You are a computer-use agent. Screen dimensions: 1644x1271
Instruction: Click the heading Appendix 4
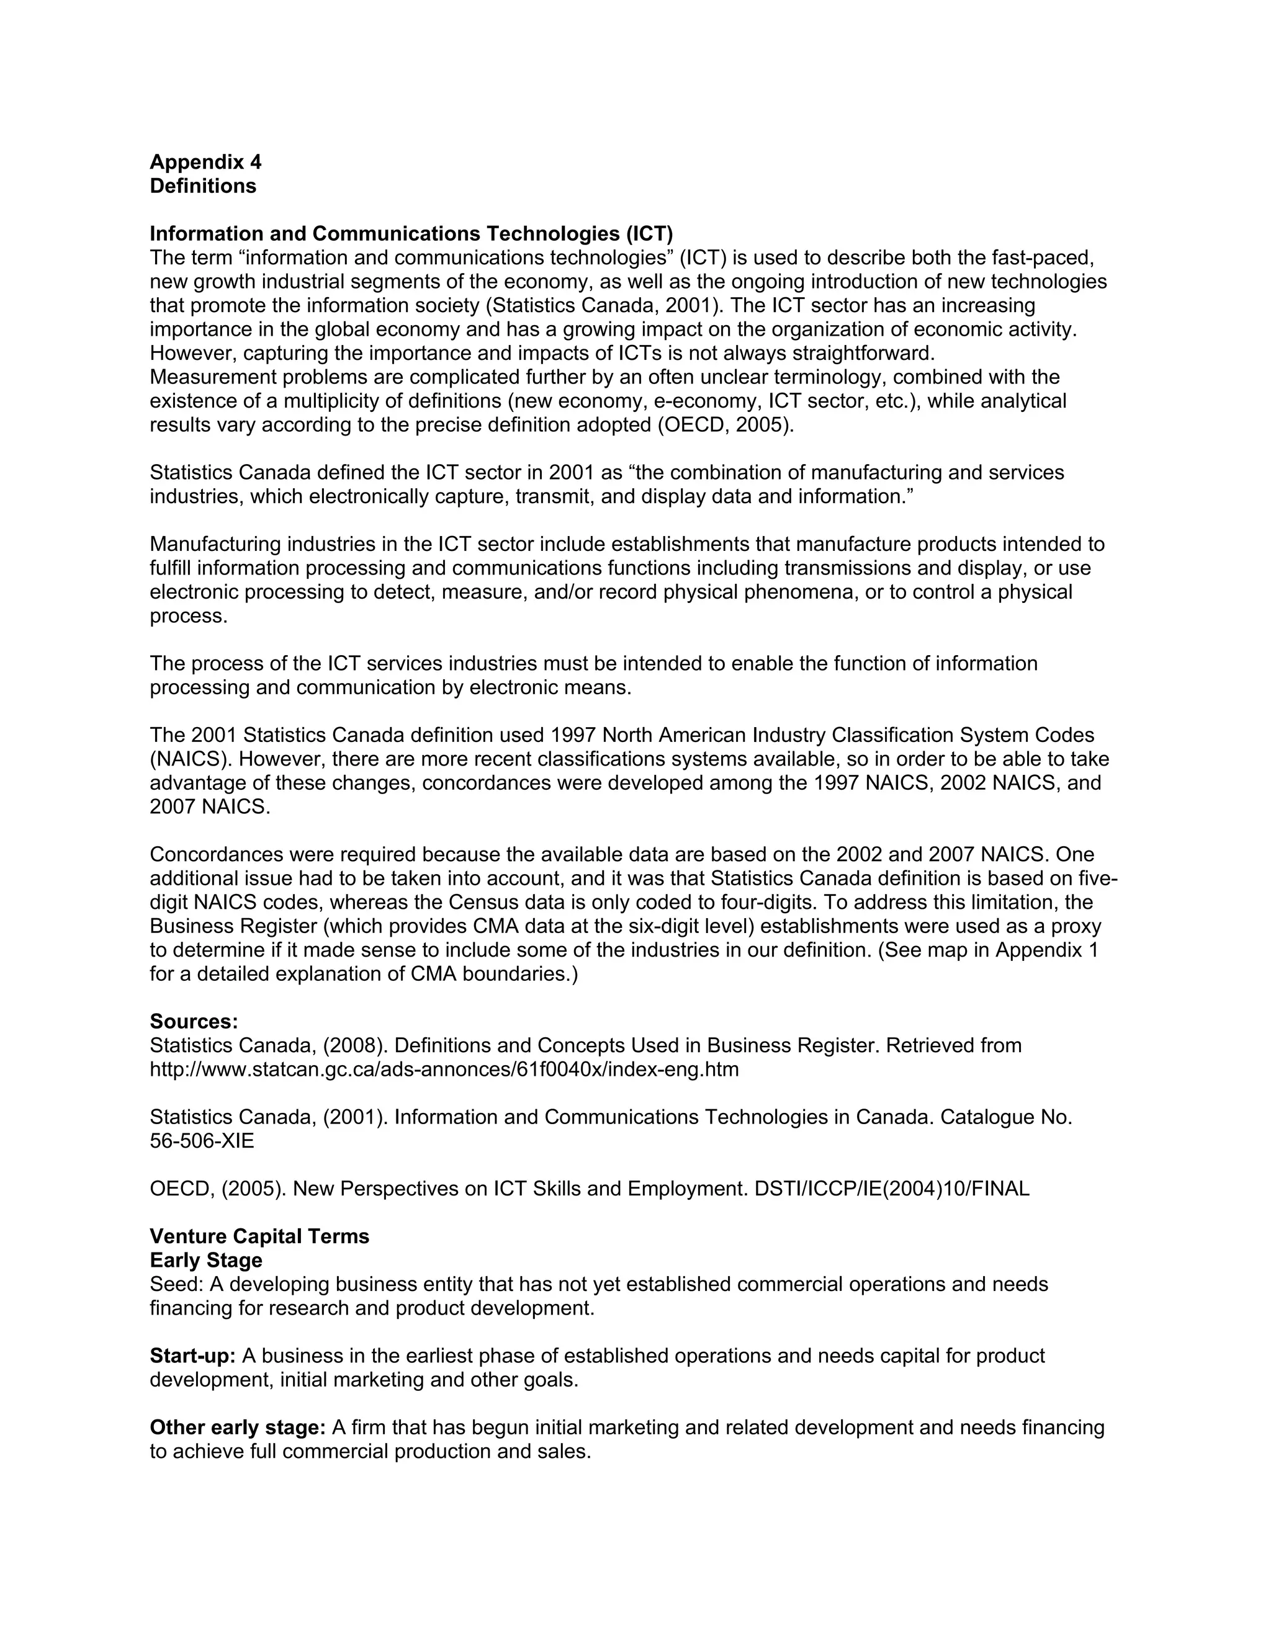205,162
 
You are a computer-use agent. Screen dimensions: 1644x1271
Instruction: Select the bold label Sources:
194,1022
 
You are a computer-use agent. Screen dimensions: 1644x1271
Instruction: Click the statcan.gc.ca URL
444,1070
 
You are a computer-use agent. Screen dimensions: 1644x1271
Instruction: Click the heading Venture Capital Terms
259,1237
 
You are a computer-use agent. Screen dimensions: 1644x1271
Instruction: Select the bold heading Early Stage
205,1261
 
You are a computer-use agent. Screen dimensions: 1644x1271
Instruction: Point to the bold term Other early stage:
237,1428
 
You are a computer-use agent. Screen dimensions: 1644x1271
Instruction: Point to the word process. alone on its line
188,617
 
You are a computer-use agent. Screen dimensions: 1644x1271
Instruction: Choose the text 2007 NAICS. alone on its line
209,807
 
